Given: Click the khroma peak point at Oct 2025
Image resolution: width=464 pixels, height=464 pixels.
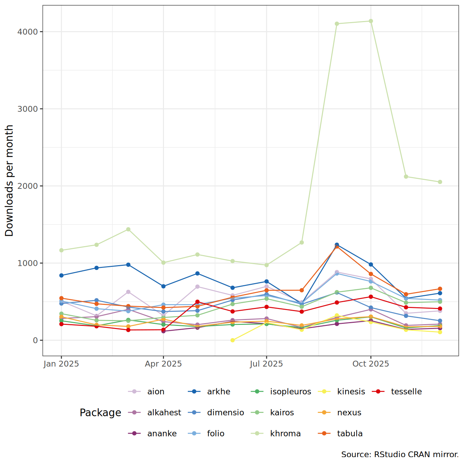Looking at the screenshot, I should tap(371, 21).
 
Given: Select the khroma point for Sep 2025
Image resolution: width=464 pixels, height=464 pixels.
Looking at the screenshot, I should tap(337, 24).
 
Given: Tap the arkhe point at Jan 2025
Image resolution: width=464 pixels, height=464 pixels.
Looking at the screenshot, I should tap(61, 275).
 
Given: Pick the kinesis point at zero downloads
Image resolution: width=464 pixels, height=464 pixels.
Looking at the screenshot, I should tap(233, 340).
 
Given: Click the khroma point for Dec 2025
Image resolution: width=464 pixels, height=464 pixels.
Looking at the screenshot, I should tap(440, 182).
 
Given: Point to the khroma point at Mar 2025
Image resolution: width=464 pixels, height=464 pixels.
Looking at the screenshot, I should tap(128, 229).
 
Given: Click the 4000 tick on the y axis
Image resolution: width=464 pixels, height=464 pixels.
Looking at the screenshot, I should tap(27, 32).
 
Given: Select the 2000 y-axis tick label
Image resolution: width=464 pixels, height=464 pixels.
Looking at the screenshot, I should tap(27, 186).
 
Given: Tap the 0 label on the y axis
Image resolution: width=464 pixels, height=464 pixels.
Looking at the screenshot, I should tap(35, 340).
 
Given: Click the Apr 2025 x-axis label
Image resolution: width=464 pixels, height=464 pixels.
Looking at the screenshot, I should tap(163, 364).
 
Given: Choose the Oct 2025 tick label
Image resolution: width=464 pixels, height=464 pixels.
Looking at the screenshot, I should tap(370, 364).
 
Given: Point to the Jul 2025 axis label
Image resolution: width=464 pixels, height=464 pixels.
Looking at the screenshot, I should tap(266, 364).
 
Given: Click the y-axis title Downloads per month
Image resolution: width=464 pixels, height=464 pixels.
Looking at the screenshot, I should tap(9, 181).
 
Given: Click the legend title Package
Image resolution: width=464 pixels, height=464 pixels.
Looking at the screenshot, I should tap(100, 413).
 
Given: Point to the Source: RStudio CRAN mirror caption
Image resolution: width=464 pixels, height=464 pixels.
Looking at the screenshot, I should tap(400, 454).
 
